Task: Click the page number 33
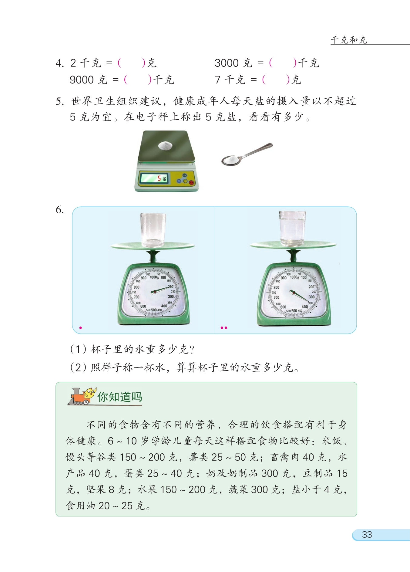coord(367,535)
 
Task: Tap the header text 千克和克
coord(349,40)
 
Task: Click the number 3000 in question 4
coord(227,63)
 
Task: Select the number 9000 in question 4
coord(82,80)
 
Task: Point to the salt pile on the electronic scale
coord(165,146)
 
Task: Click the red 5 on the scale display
coord(159,178)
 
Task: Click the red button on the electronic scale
coord(191,182)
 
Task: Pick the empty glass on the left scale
coord(153,229)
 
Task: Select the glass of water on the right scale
coord(292,228)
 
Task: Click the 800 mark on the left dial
coord(137,287)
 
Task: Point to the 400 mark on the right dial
coord(305,307)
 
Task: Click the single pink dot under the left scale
coord(80,328)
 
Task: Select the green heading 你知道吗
coord(120,397)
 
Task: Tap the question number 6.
coord(59,210)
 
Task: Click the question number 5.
coord(59,101)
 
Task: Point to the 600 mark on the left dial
coord(143,306)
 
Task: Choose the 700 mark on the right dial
coord(276,298)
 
